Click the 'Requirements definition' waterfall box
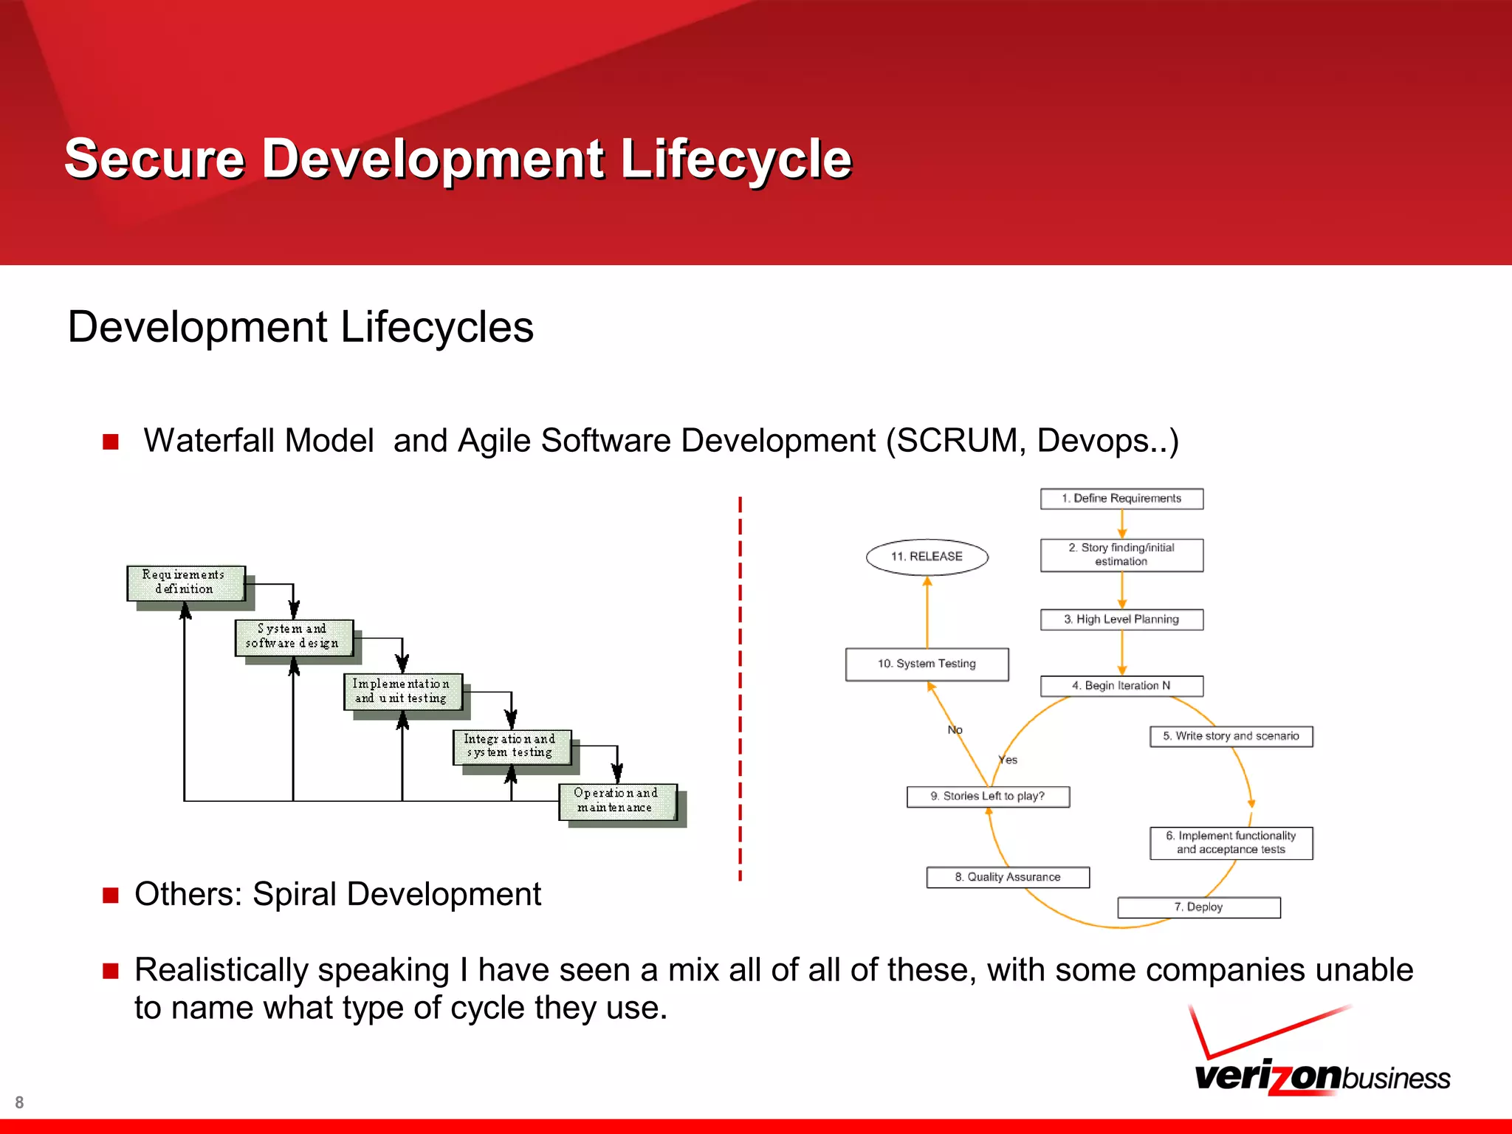tap(185, 583)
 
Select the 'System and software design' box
tap(293, 636)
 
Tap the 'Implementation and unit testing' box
tap(402, 691)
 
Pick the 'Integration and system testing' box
tap(511, 746)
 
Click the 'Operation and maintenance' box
tap(616, 800)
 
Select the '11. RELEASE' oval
tap(927, 557)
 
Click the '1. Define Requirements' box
tap(1121, 498)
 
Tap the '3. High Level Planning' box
tap(1121, 619)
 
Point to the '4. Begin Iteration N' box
tap(1121, 686)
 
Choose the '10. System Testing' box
tap(927, 664)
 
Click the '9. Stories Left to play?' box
tap(988, 797)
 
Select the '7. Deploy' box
tap(1198, 907)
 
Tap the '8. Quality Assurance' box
tap(1008, 877)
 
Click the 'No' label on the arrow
tap(955, 730)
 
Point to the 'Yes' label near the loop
tap(1008, 760)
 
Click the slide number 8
tap(19, 1102)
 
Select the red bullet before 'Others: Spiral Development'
tap(111, 896)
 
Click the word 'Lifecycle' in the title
tap(736, 159)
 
